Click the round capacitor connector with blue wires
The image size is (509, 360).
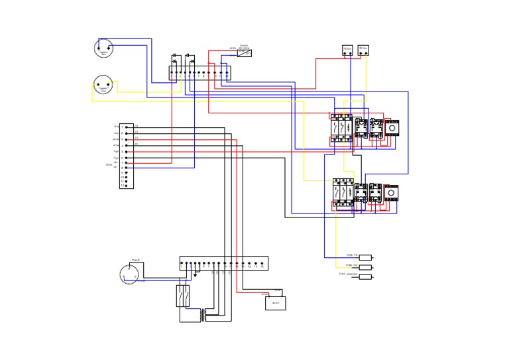(x=103, y=48)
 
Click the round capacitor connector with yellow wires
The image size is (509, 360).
(x=102, y=85)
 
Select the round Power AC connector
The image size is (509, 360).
(x=129, y=274)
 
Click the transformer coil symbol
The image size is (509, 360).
(x=210, y=315)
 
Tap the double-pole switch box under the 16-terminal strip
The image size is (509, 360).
(x=183, y=296)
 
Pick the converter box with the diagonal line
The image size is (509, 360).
(x=244, y=52)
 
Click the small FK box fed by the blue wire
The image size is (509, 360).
(x=347, y=50)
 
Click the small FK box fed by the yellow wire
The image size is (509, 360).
(x=363, y=50)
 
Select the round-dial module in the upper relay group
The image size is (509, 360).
(x=392, y=127)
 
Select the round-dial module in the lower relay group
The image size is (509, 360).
(x=391, y=193)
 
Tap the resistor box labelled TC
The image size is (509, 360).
(x=365, y=257)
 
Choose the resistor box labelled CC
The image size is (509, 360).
(x=365, y=267)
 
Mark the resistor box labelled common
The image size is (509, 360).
(x=365, y=276)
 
